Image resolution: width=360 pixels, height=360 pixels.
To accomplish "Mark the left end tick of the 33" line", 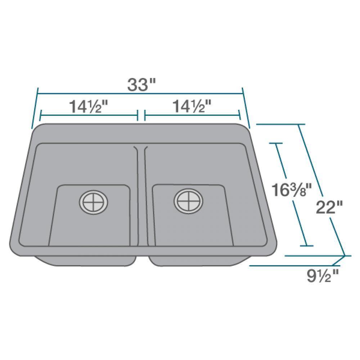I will [35, 108].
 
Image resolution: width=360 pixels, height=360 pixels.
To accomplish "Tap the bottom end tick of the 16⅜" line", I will [306, 246].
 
